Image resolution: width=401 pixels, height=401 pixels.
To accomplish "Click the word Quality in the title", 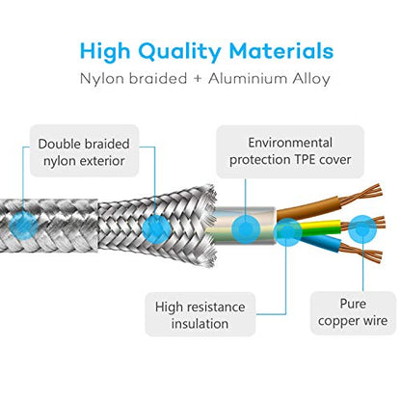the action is click(179, 52).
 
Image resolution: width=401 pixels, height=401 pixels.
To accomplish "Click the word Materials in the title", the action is click(281, 51).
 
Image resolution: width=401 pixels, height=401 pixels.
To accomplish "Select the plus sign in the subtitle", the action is click(198, 79).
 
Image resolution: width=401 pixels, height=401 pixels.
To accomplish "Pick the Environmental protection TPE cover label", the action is click(290, 151).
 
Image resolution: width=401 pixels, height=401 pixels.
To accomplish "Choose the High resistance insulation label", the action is click(200, 314).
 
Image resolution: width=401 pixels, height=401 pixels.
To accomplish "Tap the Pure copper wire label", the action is click(353, 312).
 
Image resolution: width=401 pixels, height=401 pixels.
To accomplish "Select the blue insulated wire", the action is click(320, 243).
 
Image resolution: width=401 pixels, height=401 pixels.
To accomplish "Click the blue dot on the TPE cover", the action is click(246, 228).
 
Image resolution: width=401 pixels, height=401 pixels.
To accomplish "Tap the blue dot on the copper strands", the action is click(362, 228).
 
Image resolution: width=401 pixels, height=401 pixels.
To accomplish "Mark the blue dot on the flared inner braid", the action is click(156, 228).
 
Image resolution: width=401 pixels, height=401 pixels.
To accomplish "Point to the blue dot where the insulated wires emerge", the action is click(287, 232).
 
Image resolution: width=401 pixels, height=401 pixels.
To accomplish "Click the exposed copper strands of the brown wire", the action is click(361, 195).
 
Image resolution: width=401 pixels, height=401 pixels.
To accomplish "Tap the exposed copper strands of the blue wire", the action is click(361, 254).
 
